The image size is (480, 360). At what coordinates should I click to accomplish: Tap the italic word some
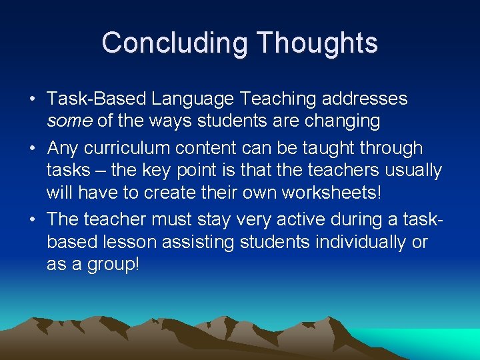click(69, 121)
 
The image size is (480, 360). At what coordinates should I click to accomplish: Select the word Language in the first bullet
click(193, 99)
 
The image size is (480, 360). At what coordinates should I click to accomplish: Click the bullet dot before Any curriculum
click(32, 149)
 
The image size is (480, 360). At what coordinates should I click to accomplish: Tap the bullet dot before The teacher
click(32, 220)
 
